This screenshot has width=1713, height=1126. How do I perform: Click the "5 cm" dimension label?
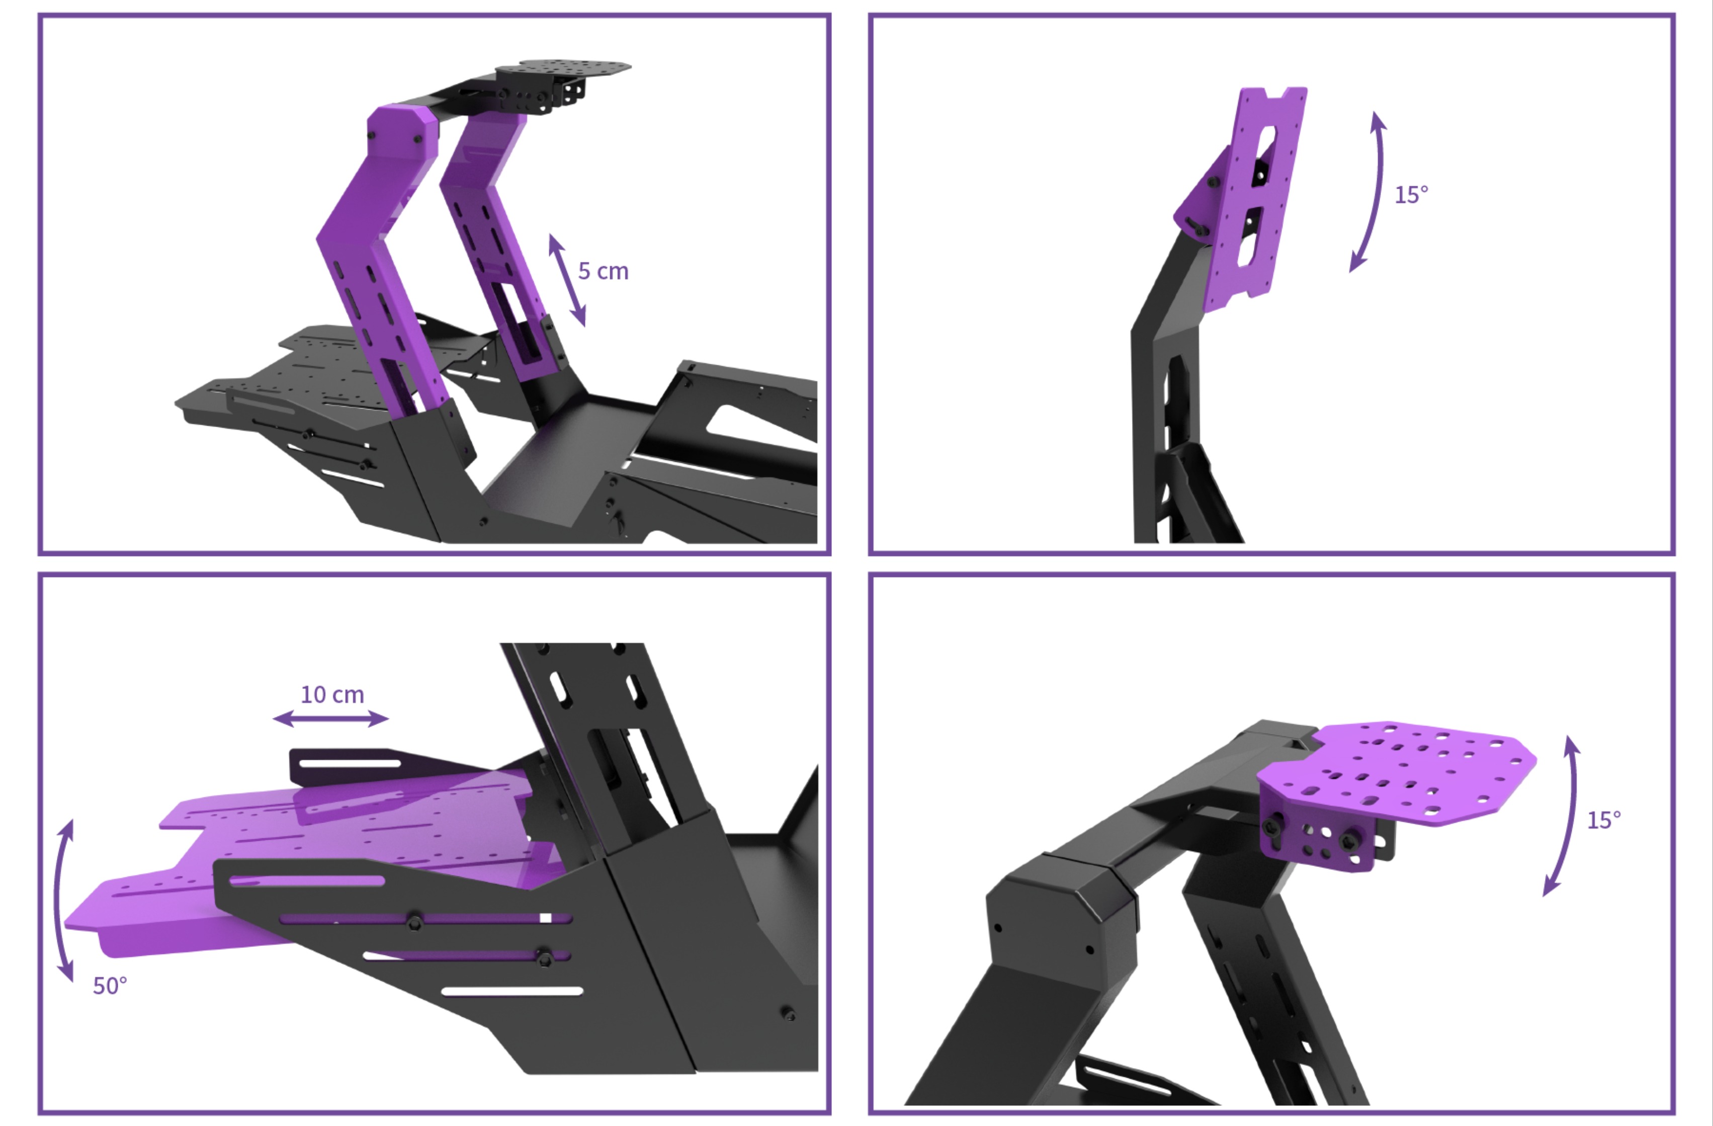pyautogui.click(x=603, y=271)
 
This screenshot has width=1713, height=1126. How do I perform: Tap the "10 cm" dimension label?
pyautogui.click(x=332, y=695)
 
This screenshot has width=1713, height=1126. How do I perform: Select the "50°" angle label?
pyautogui.click(x=110, y=986)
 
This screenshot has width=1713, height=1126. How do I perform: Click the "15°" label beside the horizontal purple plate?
pyautogui.click(x=1603, y=820)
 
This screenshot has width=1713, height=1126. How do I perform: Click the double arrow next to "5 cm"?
pyautogui.click(x=567, y=280)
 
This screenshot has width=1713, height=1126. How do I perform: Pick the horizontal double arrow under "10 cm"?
pyautogui.click(x=331, y=718)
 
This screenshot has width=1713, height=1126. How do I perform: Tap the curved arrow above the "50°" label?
pyautogui.click(x=60, y=900)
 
